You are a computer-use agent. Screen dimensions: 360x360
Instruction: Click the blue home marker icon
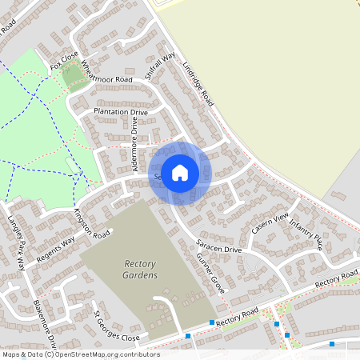180,173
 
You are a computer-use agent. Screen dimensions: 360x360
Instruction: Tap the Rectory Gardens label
141,270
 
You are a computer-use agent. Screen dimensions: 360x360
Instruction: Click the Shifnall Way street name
162,67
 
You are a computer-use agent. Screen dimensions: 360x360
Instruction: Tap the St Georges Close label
118,326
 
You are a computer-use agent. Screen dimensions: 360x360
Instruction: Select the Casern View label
269,224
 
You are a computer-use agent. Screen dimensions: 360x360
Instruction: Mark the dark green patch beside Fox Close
72,75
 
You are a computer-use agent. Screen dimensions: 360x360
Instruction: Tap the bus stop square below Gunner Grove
212,322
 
